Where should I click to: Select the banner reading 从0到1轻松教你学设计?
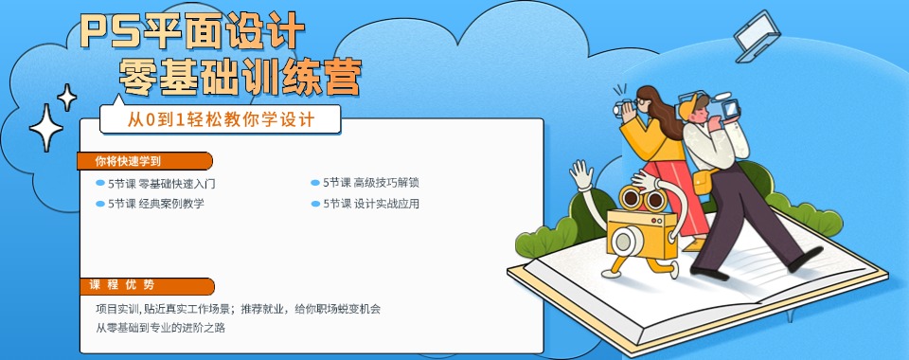(220, 120)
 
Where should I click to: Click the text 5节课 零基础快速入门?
(162, 183)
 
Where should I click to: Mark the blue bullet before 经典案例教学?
(99, 203)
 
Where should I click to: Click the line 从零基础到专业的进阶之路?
(160, 328)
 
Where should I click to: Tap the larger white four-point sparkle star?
(45, 129)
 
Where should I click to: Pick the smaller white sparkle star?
(67, 96)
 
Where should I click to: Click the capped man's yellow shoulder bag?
(702, 182)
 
